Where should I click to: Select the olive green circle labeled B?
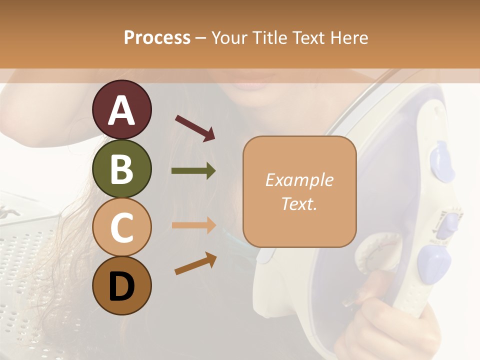[x=121, y=168]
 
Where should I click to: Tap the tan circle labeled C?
[x=121, y=227]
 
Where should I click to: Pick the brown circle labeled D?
[x=121, y=286]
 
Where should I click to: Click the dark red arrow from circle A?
[x=195, y=128]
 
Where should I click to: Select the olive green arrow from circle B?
[x=193, y=171]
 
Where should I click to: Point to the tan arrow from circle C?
[x=193, y=225]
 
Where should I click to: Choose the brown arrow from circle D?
[x=195, y=263]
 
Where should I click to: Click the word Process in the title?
[x=157, y=37]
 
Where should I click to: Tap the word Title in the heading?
[x=270, y=37]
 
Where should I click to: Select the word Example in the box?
[x=299, y=180]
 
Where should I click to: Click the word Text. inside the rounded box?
[x=299, y=203]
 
